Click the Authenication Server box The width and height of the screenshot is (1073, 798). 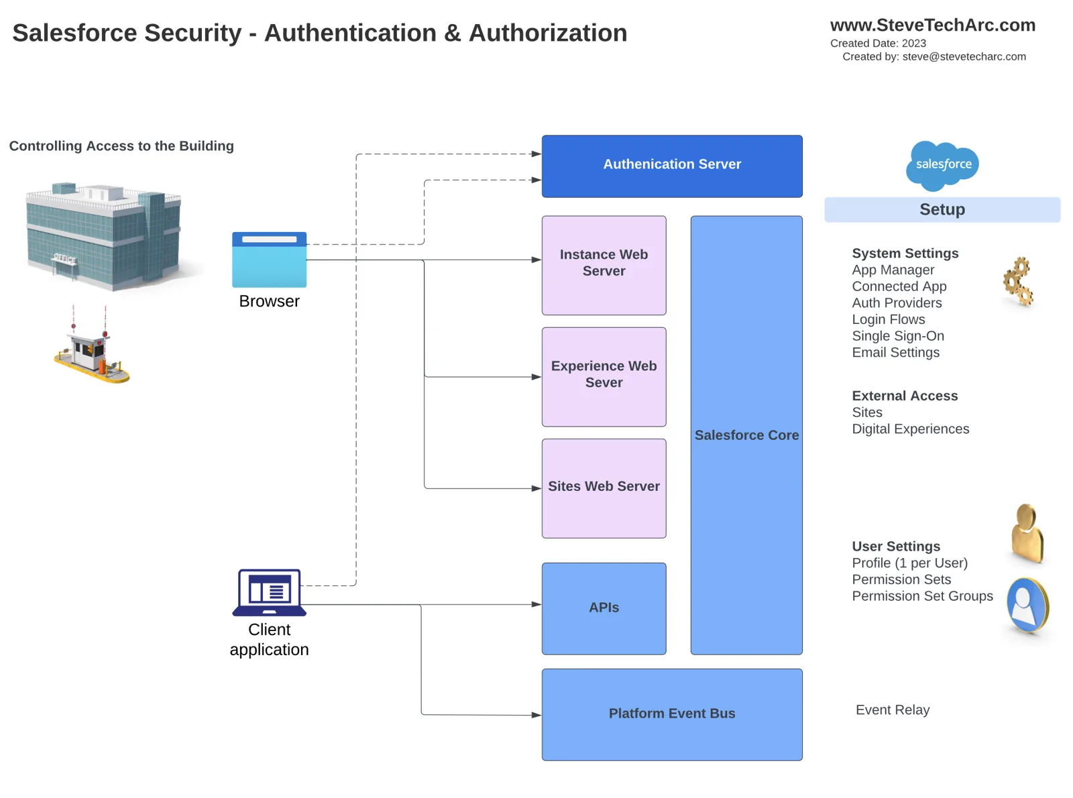[671, 166]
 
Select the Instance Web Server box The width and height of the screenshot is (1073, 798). [604, 265]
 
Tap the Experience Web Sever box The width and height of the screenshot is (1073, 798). [604, 376]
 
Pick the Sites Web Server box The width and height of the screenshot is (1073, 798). [604, 488]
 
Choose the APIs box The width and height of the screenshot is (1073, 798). [604, 608]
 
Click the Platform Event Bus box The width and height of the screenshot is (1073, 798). [671, 714]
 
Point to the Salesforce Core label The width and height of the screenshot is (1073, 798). [746, 435]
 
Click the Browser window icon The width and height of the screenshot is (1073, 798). [269, 260]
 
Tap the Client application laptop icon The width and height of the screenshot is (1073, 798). [269, 592]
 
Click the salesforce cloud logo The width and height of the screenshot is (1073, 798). [942, 166]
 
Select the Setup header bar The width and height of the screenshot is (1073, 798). [942, 209]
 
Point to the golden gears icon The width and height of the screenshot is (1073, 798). [1018, 281]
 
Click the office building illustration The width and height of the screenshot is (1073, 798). [104, 235]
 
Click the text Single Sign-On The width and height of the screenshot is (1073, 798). [898, 336]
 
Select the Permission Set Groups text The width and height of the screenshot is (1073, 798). [922, 595]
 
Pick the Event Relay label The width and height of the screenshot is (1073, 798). [893, 709]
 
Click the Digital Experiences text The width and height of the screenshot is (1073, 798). [911, 429]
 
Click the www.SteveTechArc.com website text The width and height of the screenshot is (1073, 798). [933, 25]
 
